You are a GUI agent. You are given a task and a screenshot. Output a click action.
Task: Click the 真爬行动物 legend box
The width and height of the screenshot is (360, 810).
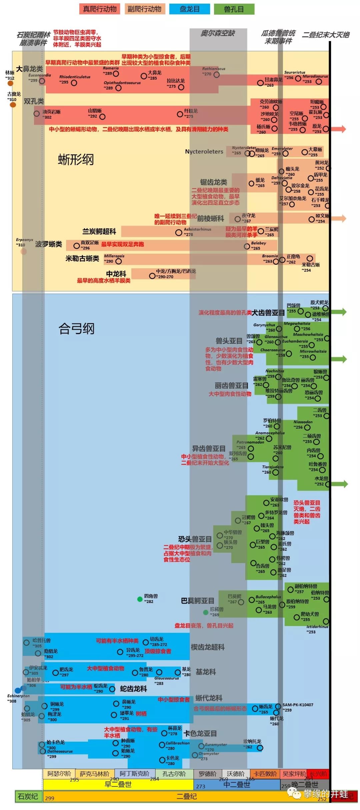[100, 9]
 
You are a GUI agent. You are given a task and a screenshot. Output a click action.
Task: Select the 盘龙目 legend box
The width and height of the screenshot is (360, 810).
[189, 9]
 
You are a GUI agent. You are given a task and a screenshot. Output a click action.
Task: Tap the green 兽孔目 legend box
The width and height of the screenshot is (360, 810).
[234, 9]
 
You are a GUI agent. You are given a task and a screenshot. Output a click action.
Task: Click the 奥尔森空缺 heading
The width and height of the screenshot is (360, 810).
[218, 33]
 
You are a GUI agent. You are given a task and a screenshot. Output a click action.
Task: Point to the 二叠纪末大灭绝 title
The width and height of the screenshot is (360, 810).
[325, 35]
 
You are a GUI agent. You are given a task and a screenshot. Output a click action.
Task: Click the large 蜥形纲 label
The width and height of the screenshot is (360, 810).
[76, 159]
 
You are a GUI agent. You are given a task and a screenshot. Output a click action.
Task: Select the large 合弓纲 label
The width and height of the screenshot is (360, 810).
[77, 329]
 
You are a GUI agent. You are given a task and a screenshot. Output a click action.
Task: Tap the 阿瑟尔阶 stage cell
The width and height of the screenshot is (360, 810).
[59, 774]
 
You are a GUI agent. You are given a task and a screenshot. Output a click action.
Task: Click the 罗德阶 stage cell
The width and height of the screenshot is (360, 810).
[207, 774]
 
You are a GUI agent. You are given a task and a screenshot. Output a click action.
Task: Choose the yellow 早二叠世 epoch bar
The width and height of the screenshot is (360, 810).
[118, 784]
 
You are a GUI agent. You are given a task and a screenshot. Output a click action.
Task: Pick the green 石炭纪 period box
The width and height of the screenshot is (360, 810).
[28, 796]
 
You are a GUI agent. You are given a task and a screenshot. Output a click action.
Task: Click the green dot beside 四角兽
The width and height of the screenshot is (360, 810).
[140, 599]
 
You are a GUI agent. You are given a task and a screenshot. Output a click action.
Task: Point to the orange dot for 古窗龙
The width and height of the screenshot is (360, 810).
[13, 105]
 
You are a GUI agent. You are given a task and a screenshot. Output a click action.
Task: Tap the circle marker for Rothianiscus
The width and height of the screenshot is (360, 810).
[216, 75]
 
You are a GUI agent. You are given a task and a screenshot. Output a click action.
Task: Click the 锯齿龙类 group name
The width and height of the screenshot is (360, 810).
[213, 182]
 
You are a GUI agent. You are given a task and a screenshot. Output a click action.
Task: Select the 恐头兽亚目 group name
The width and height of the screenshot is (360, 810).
[195, 539]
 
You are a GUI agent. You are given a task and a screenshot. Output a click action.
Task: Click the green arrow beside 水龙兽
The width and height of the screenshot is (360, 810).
[341, 484]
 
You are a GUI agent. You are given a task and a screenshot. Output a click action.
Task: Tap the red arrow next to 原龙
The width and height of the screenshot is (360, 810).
[340, 129]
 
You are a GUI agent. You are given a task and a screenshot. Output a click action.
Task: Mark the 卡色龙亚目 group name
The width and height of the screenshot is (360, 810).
[200, 733]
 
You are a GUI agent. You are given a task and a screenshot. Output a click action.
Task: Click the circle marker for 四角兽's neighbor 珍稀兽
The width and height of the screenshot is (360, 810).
[206, 612]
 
